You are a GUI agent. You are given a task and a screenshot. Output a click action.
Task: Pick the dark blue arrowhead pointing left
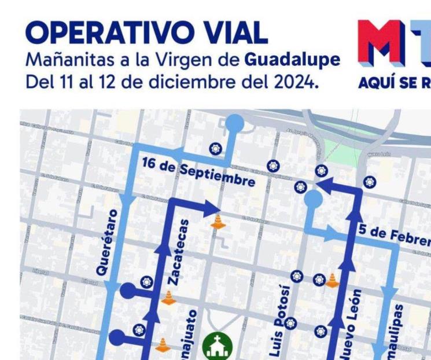(x=322, y=185)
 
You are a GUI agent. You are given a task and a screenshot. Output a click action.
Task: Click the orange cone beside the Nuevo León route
(x=332, y=281)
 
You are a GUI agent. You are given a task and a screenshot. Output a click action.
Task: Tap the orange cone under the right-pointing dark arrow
(x=218, y=222)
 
